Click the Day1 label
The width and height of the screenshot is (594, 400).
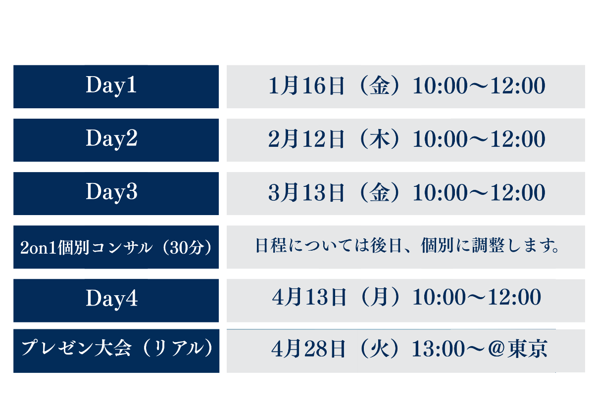(x=111, y=86)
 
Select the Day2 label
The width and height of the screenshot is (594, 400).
(x=111, y=139)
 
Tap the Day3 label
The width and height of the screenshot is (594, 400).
(x=111, y=192)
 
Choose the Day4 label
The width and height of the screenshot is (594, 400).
(x=111, y=299)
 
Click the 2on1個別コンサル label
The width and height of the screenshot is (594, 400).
(x=87, y=247)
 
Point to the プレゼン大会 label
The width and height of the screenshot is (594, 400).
(x=76, y=348)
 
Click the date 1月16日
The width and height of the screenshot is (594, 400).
(x=306, y=86)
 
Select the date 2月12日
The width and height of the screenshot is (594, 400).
(x=306, y=139)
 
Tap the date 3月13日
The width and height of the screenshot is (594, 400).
(x=306, y=192)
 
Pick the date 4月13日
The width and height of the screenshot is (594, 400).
(x=309, y=297)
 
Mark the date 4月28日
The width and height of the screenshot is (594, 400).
(x=309, y=349)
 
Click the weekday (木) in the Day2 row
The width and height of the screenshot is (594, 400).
(x=380, y=139)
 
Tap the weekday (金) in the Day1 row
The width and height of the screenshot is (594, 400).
(x=380, y=86)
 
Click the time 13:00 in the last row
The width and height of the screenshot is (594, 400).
(x=438, y=349)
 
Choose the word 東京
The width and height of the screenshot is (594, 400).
(x=527, y=349)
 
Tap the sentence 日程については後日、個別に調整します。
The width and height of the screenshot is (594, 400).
(x=407, y=245)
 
